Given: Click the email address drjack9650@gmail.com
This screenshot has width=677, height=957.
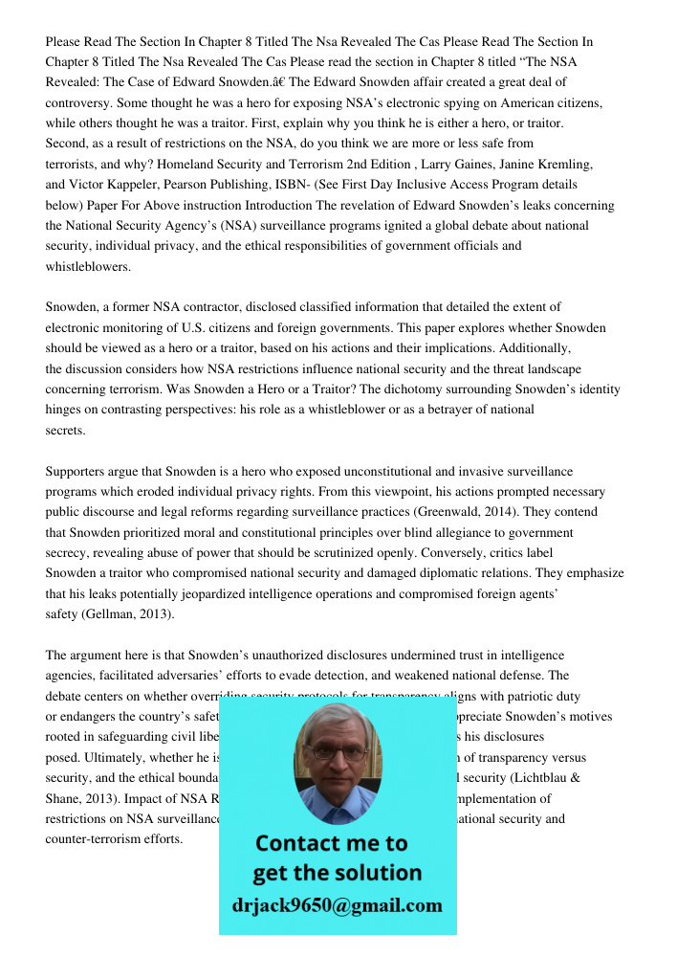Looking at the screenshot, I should [337, 904].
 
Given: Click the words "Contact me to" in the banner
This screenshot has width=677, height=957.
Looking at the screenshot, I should [331, 843].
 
